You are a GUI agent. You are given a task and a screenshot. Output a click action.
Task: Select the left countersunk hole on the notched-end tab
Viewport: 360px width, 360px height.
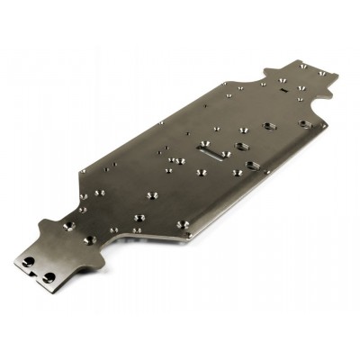[67, 226]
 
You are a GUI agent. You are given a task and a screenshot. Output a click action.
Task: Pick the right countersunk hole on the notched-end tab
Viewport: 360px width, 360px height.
[91, 240]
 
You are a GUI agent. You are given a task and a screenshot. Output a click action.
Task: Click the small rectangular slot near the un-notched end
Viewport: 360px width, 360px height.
[284, 90]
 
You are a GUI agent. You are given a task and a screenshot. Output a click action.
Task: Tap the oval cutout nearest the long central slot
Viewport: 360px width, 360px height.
[241, 146]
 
